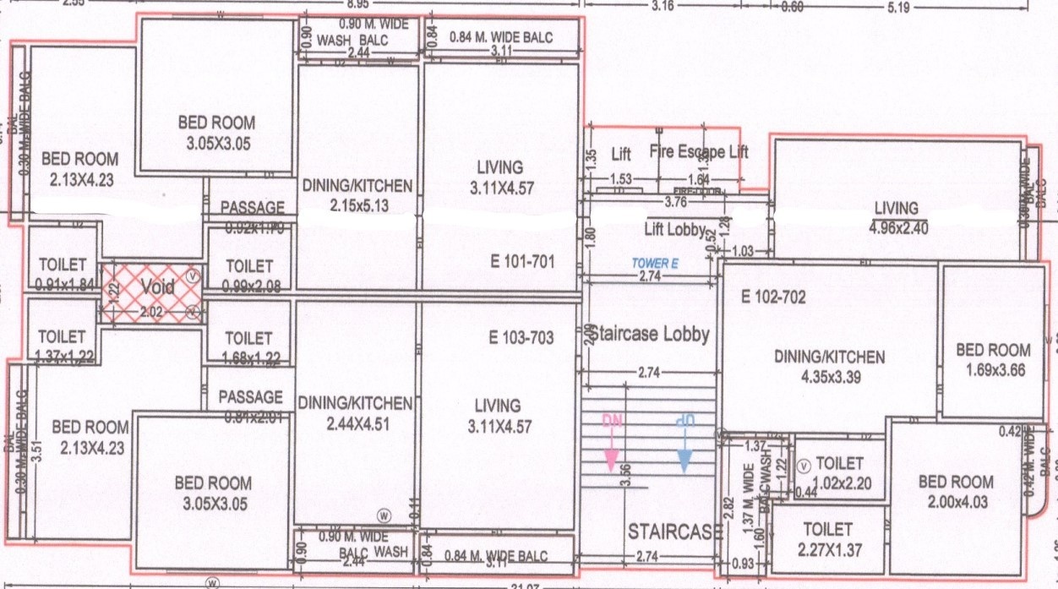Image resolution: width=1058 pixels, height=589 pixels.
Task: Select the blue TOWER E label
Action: point(656,263)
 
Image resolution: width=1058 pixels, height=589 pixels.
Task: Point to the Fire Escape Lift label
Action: point(699,153)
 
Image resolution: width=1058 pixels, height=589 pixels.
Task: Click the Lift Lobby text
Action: point(675,229)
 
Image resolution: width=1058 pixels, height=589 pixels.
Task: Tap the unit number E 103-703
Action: point(521,338)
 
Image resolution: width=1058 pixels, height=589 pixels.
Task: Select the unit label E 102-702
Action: point(772,297)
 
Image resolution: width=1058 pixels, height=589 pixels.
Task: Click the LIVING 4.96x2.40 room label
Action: point(896,216)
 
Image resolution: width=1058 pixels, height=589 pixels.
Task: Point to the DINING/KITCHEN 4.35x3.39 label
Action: point(830,367)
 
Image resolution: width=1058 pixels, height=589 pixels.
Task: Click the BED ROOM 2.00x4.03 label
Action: point(956,491)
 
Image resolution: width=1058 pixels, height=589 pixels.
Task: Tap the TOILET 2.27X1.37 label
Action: point(828,538)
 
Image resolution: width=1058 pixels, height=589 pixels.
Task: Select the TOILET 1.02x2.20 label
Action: point(839,473)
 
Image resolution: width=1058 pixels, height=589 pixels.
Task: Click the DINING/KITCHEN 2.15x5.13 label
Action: point(357,194)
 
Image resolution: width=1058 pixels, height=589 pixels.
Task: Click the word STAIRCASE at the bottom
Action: point(674,532)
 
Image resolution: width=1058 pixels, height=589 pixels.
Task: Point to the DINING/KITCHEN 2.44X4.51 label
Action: point(356,413)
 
